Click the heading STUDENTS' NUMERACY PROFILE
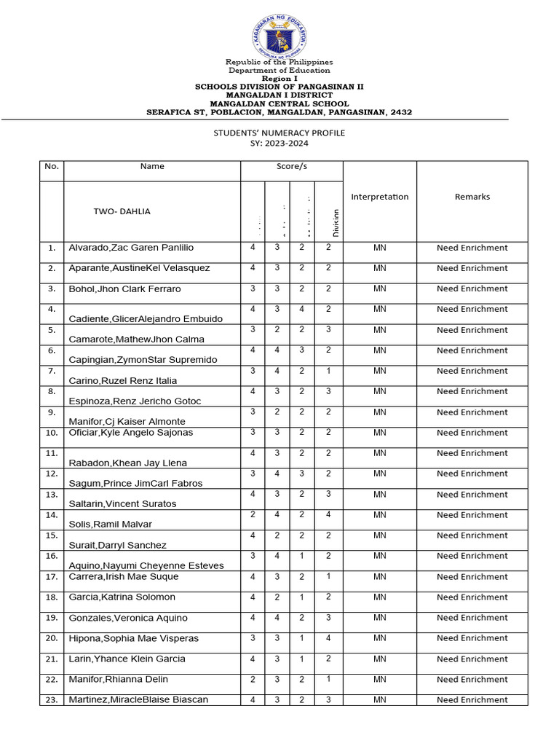(x=279, y=133)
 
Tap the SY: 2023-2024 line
(x=279, y=144)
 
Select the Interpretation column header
(x=379, y=197)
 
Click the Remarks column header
(x=472, y=197)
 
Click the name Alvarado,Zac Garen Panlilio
(x=131, y=248)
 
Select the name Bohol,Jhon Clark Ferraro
(x=124, y=289)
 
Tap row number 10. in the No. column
(x=51, y=433)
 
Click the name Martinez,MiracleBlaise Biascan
(x=138, y=699)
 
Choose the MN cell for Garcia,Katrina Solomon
(x=379, y=597)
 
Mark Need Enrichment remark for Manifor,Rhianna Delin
(x=472, y=679)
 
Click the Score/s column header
(x=291, y=167)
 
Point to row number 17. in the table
(x=51, y=576)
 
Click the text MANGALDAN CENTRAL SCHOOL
(x=279, y=103)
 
